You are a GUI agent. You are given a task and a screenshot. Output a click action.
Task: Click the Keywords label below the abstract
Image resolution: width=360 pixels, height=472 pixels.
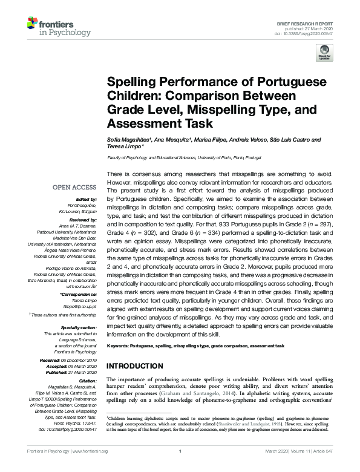pos(120,346)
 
